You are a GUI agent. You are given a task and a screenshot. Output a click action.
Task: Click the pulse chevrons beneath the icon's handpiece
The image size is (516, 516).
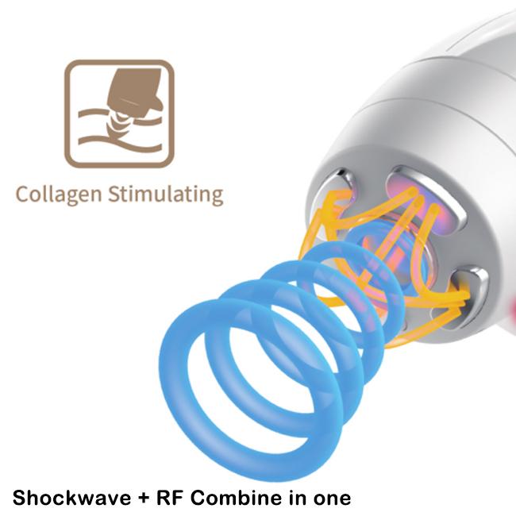point(120,120)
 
